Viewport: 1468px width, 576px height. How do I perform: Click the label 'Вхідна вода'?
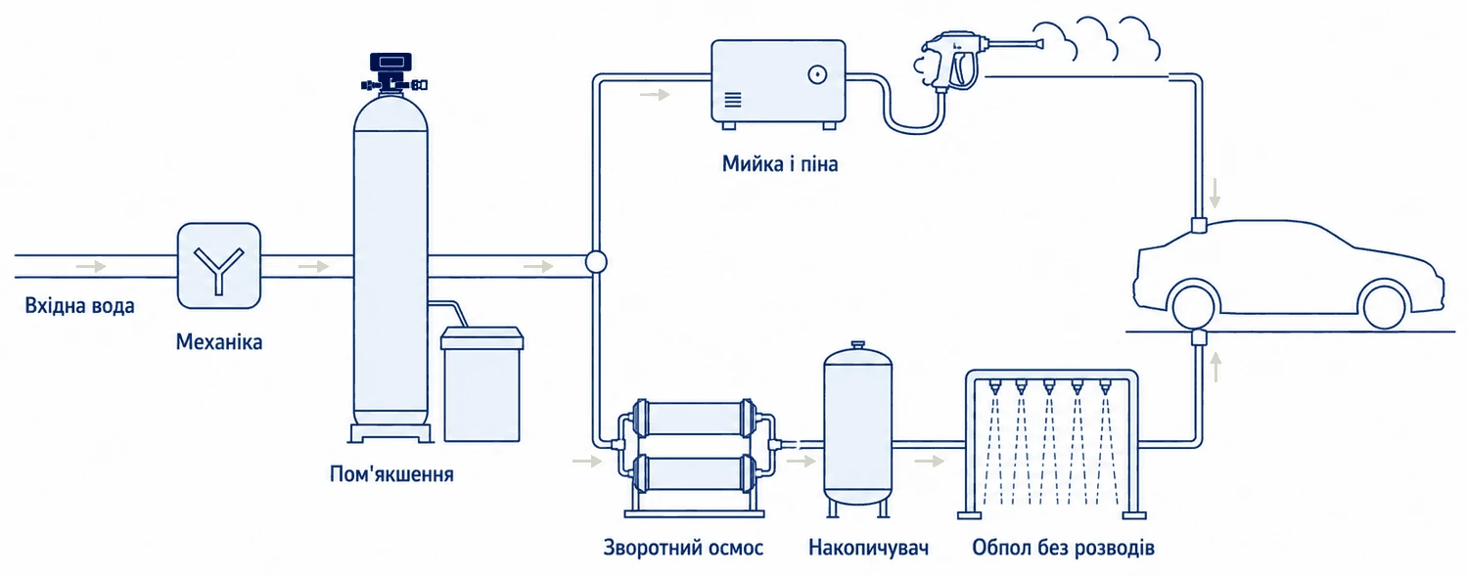(x=79, y=306)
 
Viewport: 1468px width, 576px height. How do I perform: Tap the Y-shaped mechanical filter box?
(x=219, y=266)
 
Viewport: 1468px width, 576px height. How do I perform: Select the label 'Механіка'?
(x=219, y=341)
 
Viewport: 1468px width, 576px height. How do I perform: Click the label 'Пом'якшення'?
(x=391, y=474)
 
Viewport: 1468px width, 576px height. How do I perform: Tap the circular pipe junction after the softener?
(x=596, y=262)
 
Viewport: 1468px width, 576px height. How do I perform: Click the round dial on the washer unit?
(x=817, y=75)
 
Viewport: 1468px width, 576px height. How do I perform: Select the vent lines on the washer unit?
(x=733, y=100)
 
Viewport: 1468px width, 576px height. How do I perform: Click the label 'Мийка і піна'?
(x=780, y=163)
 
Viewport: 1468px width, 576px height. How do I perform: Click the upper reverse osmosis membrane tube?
(x=694, y=418)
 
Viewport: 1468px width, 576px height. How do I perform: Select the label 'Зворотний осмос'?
(x=683, y=548)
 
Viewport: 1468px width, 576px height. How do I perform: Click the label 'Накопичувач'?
(x=868, y=548)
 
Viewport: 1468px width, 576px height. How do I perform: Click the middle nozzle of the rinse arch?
(x=1048, y=387)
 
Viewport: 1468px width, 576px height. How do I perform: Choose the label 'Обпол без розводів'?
(x=1063, y=548)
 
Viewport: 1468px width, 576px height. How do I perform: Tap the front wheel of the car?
(x=1384, y=305)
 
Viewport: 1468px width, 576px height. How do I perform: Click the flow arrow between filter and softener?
(x=313, y=266)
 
